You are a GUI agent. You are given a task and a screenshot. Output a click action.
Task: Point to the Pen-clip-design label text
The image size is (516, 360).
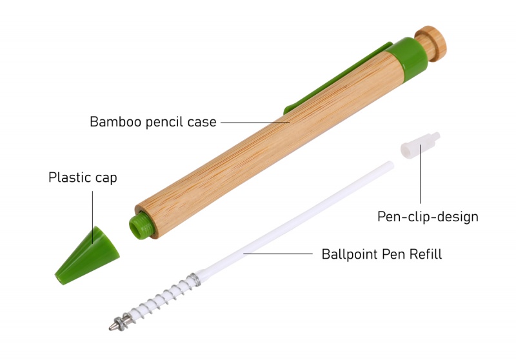(428, 217)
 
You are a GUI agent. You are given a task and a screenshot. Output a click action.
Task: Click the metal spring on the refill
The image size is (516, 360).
(161, 297)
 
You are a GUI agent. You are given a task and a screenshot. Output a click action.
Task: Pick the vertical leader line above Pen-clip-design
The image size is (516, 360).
(421, 181)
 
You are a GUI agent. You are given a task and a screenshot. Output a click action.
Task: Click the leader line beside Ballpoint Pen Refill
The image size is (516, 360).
(277, 254)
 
